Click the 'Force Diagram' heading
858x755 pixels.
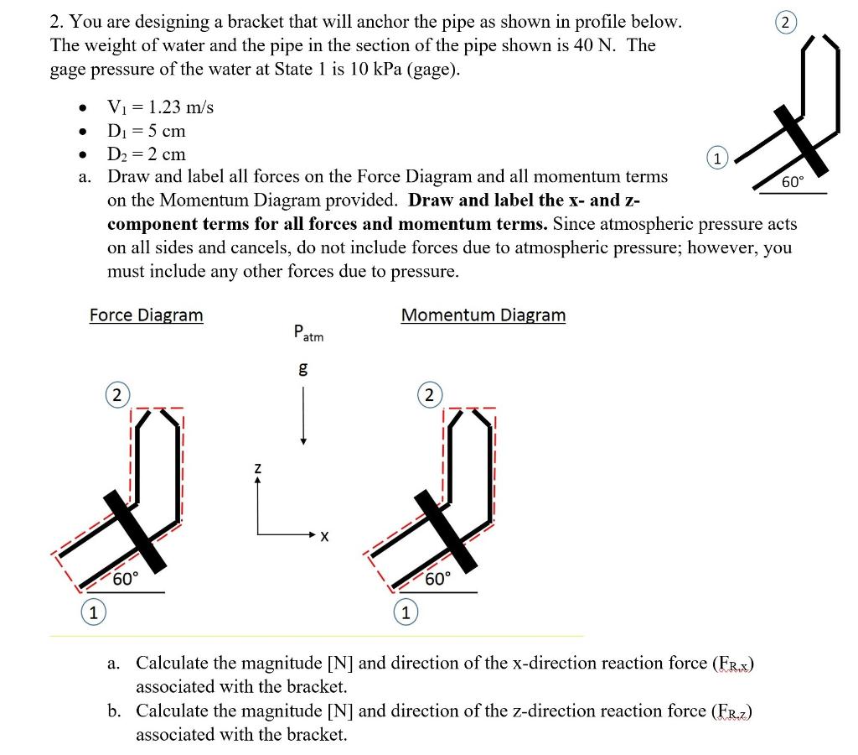146,315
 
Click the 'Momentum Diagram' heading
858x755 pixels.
483,315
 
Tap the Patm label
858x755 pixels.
308,333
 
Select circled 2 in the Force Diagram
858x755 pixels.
116,395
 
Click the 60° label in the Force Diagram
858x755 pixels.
126,580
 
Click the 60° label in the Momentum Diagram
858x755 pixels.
437,580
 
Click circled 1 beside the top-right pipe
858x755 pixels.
718,156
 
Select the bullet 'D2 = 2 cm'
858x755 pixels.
147,154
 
